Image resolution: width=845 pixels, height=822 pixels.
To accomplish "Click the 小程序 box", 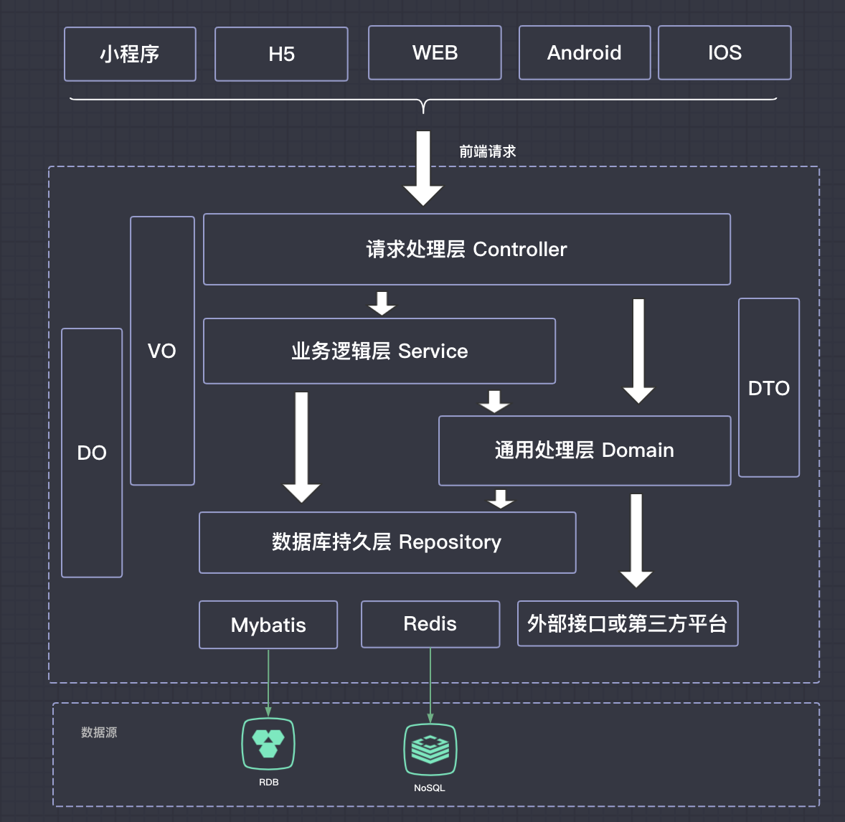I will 130,54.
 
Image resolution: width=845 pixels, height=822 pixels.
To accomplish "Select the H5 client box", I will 281,54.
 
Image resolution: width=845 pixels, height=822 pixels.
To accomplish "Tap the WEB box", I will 435,52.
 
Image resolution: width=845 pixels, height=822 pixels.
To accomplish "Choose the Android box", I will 585,52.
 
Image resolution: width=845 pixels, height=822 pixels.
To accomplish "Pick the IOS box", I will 724,52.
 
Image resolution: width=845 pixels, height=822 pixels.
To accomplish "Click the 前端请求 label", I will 488,151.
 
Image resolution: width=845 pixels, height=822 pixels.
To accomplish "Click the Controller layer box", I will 467,249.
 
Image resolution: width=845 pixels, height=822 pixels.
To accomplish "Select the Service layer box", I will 379,351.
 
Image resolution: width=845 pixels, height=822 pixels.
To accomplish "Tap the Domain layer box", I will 585,450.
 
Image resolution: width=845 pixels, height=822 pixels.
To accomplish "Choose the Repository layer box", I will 387,542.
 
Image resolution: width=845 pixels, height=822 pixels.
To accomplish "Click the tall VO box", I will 162,351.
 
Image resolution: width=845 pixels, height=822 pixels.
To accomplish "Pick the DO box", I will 92,453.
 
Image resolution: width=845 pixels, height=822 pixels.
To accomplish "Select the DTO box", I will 769,388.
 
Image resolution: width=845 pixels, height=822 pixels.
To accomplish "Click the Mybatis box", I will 268,625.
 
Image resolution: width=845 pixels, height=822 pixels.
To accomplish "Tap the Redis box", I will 430,624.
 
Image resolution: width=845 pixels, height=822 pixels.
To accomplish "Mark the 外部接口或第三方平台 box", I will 628,623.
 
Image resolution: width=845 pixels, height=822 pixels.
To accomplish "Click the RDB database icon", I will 268,744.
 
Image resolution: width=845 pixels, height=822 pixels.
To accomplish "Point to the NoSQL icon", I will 430,750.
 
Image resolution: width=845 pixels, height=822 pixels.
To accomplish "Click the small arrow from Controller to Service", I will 382,303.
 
